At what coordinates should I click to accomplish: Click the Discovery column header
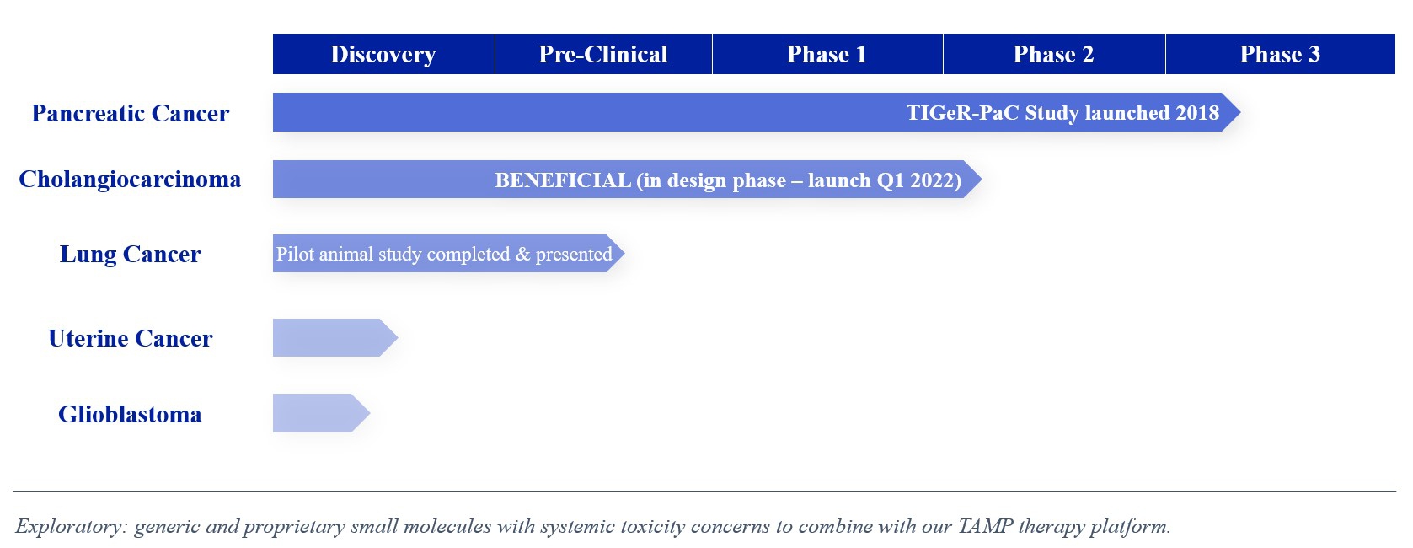click(383, 54)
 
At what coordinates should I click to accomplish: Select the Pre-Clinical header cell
click(603, 54)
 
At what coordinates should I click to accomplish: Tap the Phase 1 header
click(827, 54)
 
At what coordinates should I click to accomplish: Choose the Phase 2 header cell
click(1054, 54)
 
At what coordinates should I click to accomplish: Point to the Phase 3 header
click(1281, 54)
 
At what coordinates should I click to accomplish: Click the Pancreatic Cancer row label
click(130, 114)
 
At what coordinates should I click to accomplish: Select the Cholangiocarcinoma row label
click(130, 180)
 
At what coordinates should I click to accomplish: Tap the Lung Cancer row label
click(130, 255)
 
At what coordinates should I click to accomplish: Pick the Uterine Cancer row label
click(130, 339)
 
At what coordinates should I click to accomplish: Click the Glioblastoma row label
click(130, 415)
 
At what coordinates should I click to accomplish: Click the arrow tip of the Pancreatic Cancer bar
click(1239, 112)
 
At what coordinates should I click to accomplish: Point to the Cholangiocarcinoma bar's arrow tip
click(981, 180)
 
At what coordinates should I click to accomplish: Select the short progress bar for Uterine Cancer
click(335, 338)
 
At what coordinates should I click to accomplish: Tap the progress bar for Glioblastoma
click(321, 413)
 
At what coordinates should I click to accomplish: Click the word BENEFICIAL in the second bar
click(563, 180)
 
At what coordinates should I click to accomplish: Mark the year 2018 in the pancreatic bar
click(1196, 113)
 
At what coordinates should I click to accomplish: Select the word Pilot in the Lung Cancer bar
click(295, 254)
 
